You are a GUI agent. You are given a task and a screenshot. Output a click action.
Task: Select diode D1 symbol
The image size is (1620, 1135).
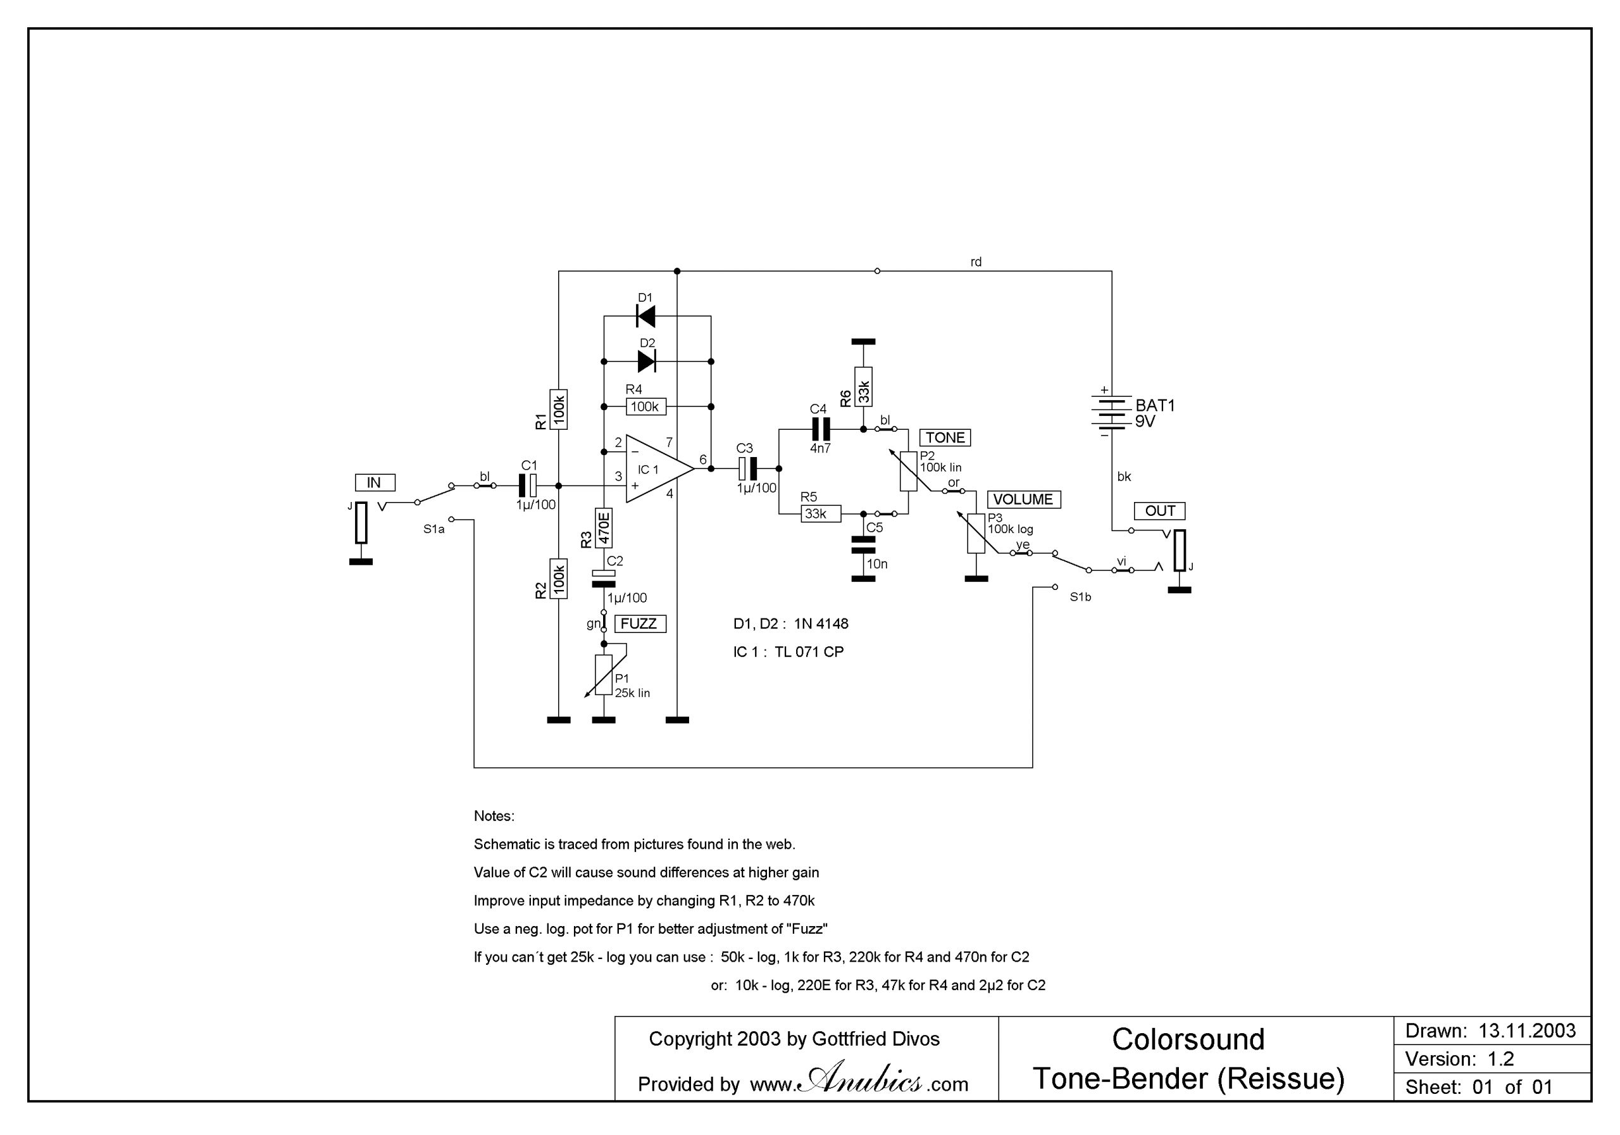pyautogui.click(x=645, y=317)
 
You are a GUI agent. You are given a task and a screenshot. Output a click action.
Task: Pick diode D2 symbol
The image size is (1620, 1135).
pyautogui.click(x=646, y=361)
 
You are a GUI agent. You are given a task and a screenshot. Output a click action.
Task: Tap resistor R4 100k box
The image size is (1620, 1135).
pyautogui.click(x=645, y=406)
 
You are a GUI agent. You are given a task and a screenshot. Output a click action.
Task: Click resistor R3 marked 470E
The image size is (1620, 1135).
pyautogui.click(x=603, y=528)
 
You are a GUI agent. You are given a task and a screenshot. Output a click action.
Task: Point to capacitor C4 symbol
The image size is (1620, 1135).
pyautogui.click(x=820, y=429)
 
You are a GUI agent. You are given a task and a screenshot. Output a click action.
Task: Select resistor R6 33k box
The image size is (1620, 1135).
pyautogui.click(x=863, y=386)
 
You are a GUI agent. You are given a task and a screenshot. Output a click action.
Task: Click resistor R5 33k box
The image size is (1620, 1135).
pyautogui.click(x=821, y=514)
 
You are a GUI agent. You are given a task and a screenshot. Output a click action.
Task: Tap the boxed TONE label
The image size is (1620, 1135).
pyautogui.click(x=945, y=437)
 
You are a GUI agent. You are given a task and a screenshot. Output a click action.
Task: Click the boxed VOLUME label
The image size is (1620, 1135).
pyautogui.click(x=1023, y=499)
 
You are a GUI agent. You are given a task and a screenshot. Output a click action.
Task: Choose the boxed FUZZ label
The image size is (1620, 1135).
pyautogui.click(x=640, y=624)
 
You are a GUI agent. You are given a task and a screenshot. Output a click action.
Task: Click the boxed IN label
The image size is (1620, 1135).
pyautogui.click(x=375, y=483)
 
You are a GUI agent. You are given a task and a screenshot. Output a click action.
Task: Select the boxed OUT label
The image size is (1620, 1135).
pyautogui.click(x=1159, y=510)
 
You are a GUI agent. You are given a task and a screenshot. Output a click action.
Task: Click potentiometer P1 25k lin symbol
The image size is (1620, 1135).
pyautogui.click(x=603, y=675)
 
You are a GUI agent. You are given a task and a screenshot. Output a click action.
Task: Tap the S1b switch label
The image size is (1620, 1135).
pyautogui.click(x=1080, y=597)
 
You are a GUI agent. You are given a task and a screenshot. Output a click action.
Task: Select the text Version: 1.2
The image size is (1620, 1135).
pyautogui.click(x=1459, y=1059)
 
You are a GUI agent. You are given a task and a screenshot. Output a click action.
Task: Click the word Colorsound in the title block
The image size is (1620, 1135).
pyautogui.click(x=1188, y=1039)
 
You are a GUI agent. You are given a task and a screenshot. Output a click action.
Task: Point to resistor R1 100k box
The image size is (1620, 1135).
pyautogui.click(x=558, y=409)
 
